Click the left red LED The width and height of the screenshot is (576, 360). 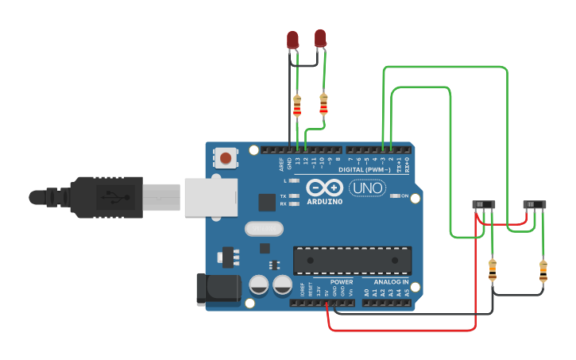click(292, 40)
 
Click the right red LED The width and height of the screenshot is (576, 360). click(320, 37)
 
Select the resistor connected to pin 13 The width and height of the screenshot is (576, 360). click(297, 105)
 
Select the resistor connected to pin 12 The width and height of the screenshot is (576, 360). click(323, 103)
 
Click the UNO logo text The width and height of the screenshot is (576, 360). click(368, 188)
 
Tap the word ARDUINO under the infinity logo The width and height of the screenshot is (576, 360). click(323, 201)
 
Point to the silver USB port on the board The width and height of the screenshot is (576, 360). click(211, 197)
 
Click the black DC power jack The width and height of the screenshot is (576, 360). click(217, 288)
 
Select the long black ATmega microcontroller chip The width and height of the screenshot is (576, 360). click(352, 260)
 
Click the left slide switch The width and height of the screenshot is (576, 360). click(484, 204)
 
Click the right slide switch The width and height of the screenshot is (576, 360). click(535, 204)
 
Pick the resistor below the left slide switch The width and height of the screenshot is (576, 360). click(493, 270)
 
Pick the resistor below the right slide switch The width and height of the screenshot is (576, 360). click(543, 271)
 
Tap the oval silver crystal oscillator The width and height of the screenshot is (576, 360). click(264, 229)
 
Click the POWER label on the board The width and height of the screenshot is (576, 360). click(342, 282)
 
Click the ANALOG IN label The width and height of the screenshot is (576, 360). click(391, 282)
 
